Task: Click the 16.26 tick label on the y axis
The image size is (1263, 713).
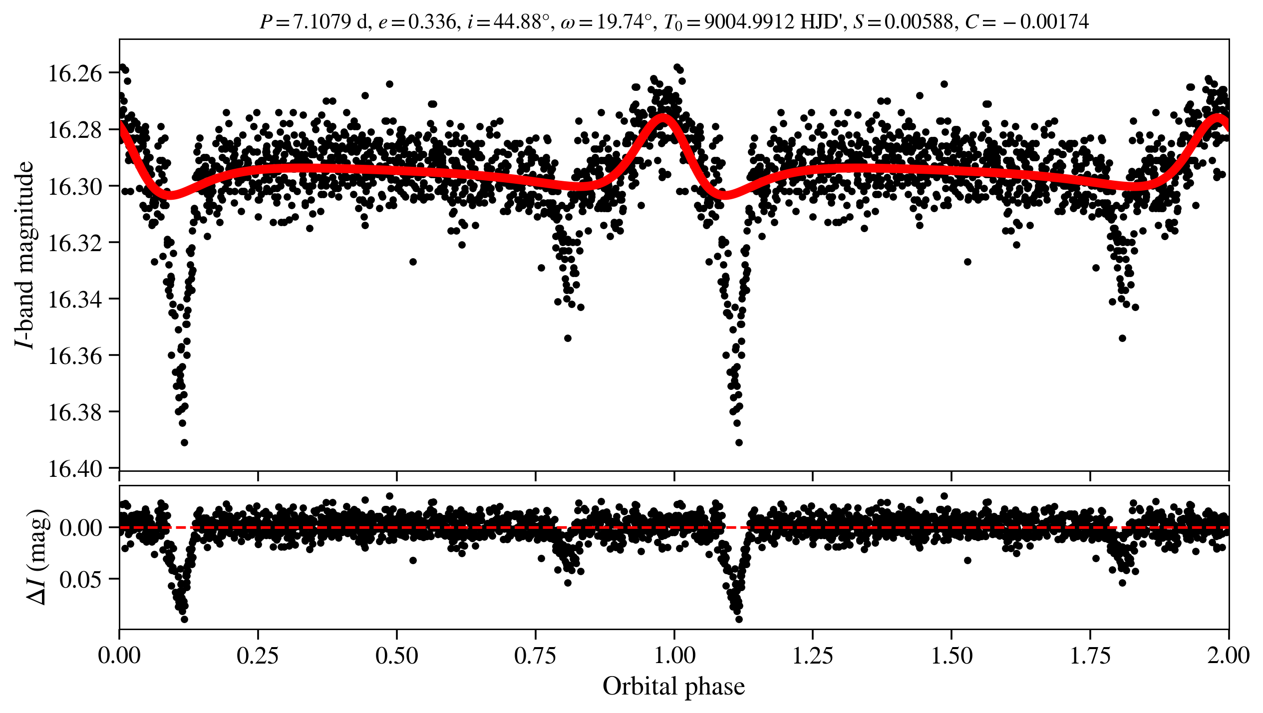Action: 74,73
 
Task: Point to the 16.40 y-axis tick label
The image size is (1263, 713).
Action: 74,469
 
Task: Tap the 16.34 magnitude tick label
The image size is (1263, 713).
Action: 74,299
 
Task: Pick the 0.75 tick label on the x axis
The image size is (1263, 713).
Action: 535,655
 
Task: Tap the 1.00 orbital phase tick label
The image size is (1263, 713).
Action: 674,655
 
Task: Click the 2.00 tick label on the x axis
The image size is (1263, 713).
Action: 1228,655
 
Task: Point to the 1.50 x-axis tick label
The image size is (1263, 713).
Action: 951,655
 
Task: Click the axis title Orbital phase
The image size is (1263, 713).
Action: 673,686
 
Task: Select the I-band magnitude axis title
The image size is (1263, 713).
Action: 25,255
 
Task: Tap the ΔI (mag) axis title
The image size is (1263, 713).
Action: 38,557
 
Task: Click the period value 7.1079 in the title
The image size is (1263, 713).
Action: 321,22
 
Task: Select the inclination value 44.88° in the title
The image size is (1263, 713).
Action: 522,22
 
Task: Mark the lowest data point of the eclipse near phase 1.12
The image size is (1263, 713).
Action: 739,442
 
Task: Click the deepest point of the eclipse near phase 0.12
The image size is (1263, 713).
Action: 184,442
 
